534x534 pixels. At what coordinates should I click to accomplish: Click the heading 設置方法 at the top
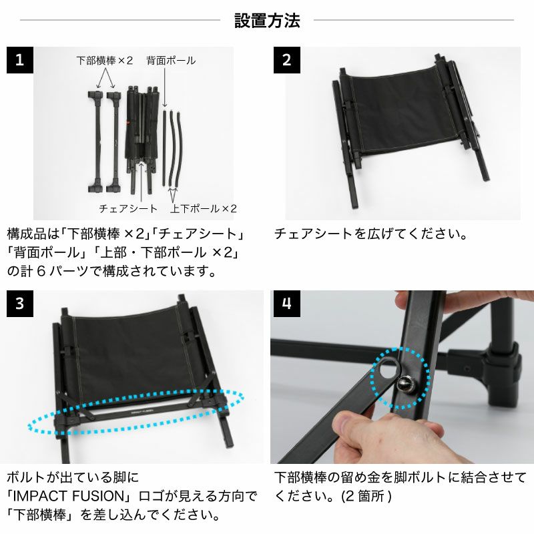267,21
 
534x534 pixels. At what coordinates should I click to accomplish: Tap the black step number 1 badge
20,60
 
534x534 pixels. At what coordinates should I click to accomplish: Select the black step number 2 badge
287,60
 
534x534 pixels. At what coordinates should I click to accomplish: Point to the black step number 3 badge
20,304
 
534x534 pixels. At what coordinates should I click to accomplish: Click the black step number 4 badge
287,304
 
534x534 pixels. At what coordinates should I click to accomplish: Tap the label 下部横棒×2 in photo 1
105,61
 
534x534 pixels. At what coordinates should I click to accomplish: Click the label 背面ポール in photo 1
171,61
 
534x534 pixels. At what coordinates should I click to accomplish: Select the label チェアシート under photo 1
128,208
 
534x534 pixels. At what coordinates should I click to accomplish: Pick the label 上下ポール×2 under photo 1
204,208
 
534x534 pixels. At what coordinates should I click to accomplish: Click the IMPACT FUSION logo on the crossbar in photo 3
142,411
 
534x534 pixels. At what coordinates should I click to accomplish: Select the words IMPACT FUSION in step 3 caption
69,496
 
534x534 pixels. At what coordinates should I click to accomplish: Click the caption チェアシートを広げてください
370,234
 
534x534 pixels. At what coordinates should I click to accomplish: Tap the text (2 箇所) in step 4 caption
366,496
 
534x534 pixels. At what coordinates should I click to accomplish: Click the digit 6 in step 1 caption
41,272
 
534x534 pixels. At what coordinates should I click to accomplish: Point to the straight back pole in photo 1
164,147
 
